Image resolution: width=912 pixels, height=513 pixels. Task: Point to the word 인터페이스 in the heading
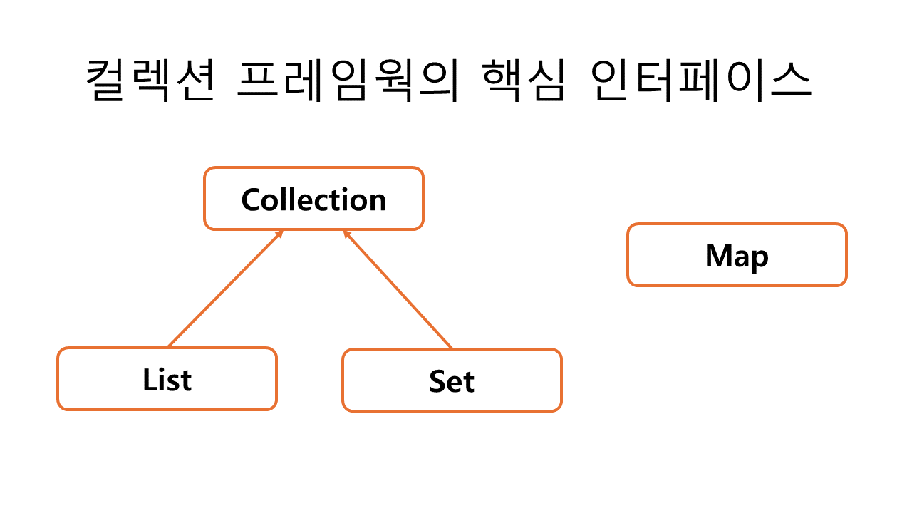[x=702, y=81]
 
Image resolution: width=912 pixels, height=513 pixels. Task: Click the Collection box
[x=313, y=199]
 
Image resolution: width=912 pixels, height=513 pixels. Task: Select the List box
[x=167, y=379]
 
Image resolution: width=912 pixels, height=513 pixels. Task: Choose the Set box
[x=452, y=380]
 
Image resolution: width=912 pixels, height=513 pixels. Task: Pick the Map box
[x=737, y=255]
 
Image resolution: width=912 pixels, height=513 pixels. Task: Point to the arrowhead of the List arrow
[x=280, y=233]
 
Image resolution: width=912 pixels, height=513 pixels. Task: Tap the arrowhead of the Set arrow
[x=346, y=234]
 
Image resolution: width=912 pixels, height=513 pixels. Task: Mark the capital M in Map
[x=718, y=255]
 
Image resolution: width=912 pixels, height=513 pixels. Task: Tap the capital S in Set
[x=437, y=381]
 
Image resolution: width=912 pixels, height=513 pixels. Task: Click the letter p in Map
[x=760, y=259]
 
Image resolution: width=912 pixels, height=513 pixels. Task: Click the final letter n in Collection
[x=377, y=202]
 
